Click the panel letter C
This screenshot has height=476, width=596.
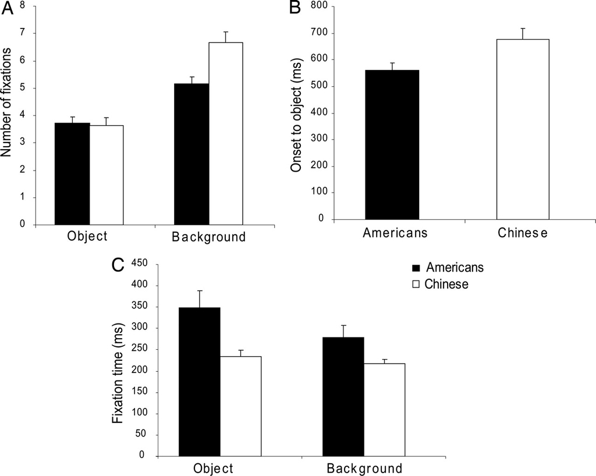118,265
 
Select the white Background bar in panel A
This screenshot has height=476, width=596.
226,133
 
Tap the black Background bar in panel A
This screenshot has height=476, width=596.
191,154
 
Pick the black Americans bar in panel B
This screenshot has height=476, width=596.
392,145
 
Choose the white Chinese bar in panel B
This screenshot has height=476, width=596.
523,129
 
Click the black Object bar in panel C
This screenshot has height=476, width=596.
200,382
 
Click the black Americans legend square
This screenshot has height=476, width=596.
416,268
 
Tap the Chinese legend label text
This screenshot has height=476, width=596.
446,285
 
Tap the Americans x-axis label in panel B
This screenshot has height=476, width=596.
395,233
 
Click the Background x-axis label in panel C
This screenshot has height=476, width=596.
364,468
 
